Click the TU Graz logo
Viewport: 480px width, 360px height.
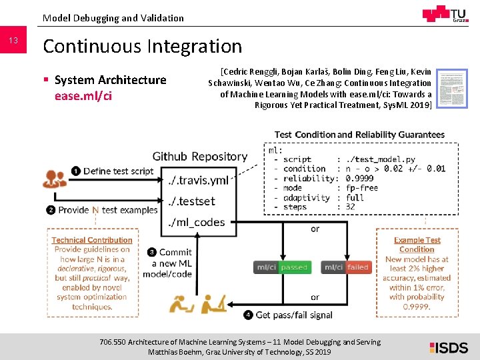[445, 15]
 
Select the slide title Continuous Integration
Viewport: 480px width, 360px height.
[142, 46]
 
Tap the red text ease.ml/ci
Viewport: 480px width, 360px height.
[83, 96]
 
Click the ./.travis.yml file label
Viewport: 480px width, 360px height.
[198, 180]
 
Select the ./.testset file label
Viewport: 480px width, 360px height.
[192, 201]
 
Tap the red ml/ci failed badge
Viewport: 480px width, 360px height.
[346, 267]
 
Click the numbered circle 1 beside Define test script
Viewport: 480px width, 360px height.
[77, 171]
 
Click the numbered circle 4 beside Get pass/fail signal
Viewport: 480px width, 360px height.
[249, 314]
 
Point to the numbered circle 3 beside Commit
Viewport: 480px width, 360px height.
[152, 252]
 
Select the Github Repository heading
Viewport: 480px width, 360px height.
[200, 157]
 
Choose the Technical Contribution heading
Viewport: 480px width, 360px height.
[92, 240]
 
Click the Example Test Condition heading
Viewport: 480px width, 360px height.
[417, 245]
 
